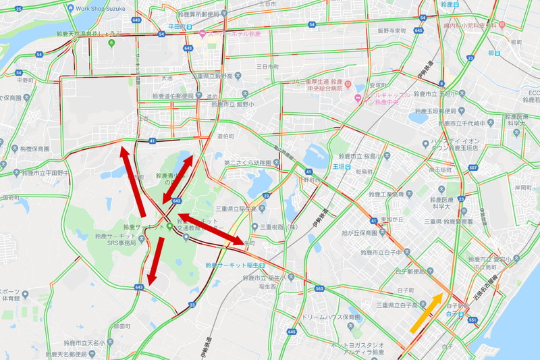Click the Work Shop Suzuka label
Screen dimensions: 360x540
pos(101,9)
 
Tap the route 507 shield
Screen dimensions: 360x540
pos(472,168)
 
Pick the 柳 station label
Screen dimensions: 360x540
pos(496,53)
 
